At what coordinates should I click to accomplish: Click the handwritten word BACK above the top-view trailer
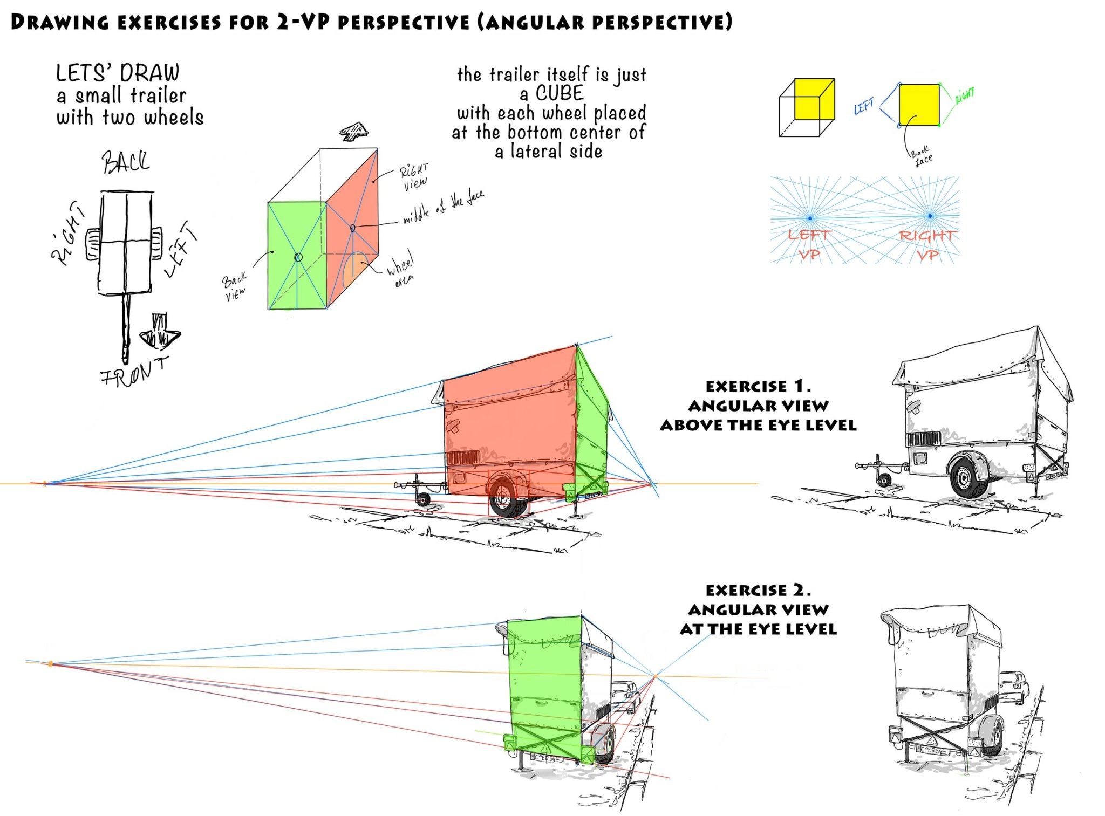coord(126,161)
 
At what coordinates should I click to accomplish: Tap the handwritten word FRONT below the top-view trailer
coord(134,372)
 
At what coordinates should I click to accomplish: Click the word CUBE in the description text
coord(559,93)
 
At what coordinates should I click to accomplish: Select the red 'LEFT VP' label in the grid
coord(809,244)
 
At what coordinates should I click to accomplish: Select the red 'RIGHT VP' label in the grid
coord(927,244)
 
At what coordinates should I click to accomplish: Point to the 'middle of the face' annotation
coord(443,207)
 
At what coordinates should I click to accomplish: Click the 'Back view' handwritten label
coord(235,286)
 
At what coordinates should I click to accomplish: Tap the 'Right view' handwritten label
coord(414,176)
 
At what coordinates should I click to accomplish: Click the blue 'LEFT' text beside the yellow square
coord(863,106)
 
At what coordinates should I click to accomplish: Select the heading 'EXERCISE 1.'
coord(758,386)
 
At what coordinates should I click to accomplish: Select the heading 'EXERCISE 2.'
coord(758,590)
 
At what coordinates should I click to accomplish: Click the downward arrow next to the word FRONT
coord(160,331)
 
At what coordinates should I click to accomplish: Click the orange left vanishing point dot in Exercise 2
coord(50,664)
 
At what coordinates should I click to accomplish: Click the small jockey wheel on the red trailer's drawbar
coord(424,499)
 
